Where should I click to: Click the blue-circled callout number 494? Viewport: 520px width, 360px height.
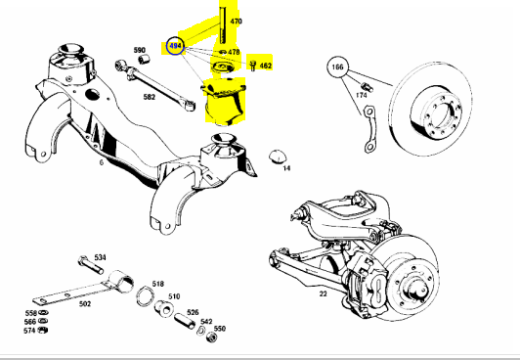pos(175,46)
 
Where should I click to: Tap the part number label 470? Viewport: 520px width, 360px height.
pos(236,22)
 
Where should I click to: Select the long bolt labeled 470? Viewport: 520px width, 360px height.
pos(223,24)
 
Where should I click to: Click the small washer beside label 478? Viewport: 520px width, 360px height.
pos(223,52)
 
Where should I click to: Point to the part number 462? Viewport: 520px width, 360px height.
pos(265,66)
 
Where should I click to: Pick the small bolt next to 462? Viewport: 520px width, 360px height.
pos(252,66)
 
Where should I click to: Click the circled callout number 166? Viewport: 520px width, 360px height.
pos(337,67)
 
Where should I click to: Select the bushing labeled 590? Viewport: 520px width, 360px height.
pos(144,60)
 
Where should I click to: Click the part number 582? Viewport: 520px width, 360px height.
pos(150,97)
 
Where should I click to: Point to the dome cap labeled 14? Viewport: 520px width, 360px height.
pos(276,157)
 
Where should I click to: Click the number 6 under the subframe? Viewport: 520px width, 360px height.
pos(101,162)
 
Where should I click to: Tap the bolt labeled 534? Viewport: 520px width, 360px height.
pos(91,265)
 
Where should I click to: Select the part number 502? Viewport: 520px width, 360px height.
pos(85,304)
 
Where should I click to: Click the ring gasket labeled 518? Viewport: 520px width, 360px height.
pos(145,295)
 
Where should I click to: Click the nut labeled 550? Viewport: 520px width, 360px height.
pos(211,337)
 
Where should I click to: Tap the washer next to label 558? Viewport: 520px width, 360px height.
pos(42,312)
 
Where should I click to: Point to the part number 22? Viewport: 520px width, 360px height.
pos(323,293)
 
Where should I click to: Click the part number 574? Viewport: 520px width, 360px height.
pos(29,331)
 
